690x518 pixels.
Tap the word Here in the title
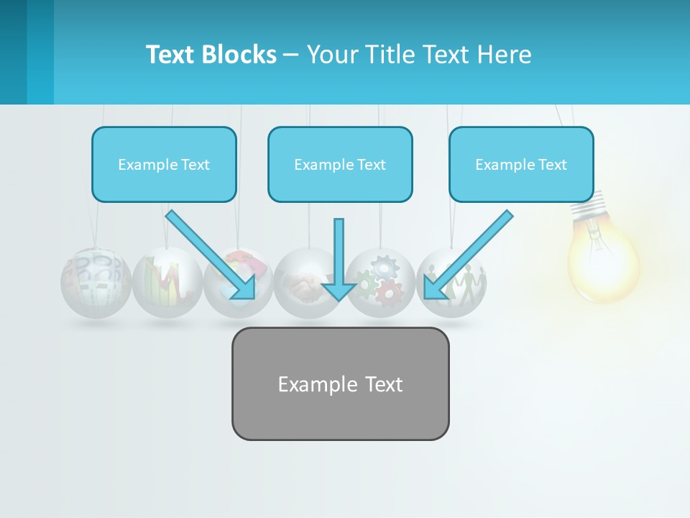click(x=504, y=55)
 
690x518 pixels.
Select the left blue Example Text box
click(x=164, y=164)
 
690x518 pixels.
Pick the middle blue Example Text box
click(x=340, y=164)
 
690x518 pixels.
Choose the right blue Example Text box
click(x=521, y=164)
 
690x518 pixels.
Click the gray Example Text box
click(x=340, y=383)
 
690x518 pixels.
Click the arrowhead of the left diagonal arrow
click(x=244, y=288)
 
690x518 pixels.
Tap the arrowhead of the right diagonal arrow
click(x=434, y=288)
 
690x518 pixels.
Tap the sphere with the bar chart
click(x=166, y=283)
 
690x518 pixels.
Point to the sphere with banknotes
click(x=96, y=283)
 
